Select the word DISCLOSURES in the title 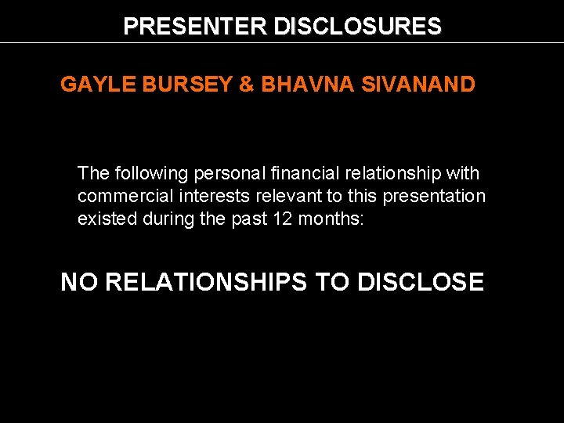coord(357,27)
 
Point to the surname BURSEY coord(186,85)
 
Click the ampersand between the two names coord(247,85)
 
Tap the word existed coord(107,219)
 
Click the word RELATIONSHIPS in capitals coord(206,282)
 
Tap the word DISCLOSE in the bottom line coord(421,282)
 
